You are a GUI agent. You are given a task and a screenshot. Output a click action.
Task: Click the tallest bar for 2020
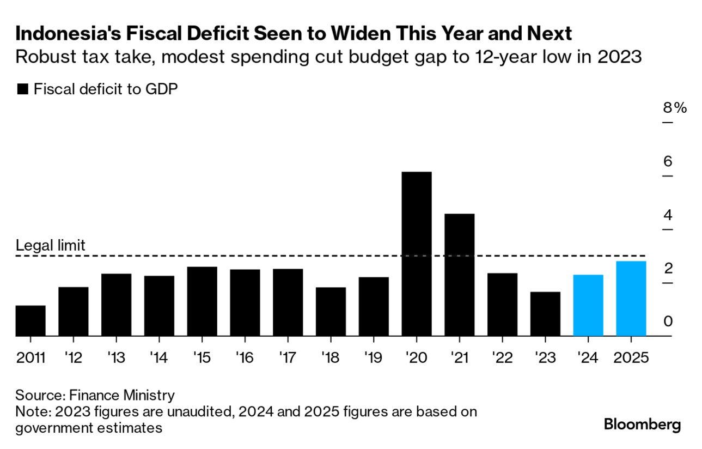(x=417, y=254)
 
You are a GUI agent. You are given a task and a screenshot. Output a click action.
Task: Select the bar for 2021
(x=459, y=275)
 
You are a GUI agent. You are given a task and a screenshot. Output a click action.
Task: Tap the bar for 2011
(x=30, y=320)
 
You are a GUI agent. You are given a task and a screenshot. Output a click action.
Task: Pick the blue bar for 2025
(x=631, y=299)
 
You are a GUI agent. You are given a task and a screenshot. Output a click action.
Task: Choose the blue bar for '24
(x=588, y=305)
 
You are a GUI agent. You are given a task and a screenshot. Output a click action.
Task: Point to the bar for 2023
(x=545, y=314)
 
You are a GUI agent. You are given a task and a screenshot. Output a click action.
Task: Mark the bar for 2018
(x=331, y=312)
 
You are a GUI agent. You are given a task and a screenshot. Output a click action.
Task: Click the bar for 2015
(x=202, y=301)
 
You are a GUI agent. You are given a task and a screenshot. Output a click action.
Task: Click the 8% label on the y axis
(x=674, y=108)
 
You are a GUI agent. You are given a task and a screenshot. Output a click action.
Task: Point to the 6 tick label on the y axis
(x=668, y=161)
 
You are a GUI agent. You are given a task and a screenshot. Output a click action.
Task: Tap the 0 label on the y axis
(x=668, y=321)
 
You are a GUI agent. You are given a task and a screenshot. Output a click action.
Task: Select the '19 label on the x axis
(x=374, y=358)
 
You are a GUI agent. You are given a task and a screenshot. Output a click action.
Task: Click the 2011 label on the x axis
(x=30, y=358)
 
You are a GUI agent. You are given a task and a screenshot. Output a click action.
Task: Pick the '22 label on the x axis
(x=502, y=358)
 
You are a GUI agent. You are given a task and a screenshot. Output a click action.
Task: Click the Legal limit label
(x=50, y=246)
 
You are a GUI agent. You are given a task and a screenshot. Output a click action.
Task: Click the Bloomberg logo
(x=642, y=424)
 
